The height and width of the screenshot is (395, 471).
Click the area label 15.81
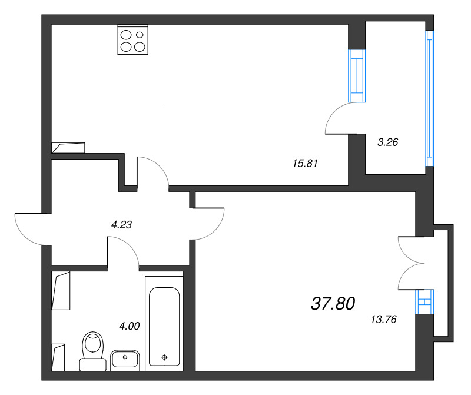(x=305, y=164)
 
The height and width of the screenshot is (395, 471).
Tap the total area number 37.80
(x=333, y=304)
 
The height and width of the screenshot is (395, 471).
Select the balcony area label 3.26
(x=388, y=141)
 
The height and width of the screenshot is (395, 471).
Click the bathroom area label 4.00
(x=129, y=326)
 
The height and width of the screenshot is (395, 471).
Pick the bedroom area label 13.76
(x=383, y=320)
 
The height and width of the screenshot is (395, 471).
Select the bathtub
(x=164, y=327)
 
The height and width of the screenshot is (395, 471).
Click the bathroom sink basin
(x=124, y=359)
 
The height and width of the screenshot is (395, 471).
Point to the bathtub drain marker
(x=164, y=356)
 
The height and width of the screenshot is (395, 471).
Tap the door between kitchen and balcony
(x=340, y=118)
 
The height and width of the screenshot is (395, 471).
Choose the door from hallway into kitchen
(x=153, y=172)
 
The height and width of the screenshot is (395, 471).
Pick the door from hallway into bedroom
(x=209, y=224)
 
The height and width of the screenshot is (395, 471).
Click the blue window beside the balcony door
(x=357, y=75)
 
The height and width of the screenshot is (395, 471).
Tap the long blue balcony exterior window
(x=430, y=98)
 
